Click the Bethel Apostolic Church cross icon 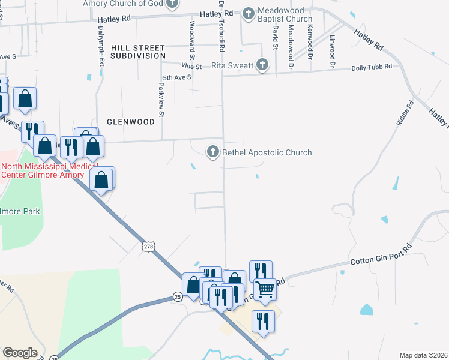coord(213,152)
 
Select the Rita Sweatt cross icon coord(261,64)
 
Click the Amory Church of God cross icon coord(172,4)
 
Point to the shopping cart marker coord(265,289)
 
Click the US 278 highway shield coord(149,246)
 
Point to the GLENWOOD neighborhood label coord(130,121)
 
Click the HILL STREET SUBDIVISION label coord(137,52)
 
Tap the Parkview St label coord(161,100)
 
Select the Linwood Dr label coord(331,47)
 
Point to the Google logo coord(20,353)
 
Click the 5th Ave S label coord(177,77)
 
